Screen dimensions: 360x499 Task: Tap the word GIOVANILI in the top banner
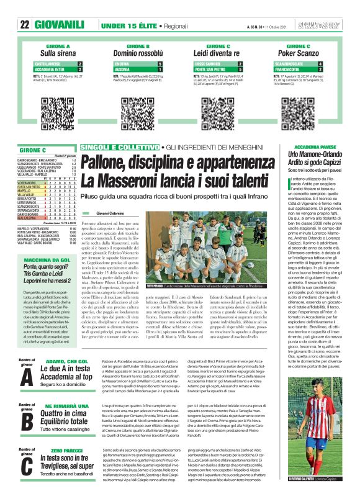point(60,25)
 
